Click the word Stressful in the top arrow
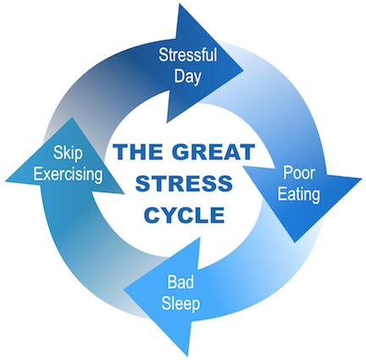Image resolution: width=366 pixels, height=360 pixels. pyautogui.click(x=187, y=54)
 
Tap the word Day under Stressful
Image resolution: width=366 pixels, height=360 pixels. pyautogui.click(x=187, y=77)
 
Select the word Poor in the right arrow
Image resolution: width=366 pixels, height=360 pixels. pyautogui.click(x=299, y=173)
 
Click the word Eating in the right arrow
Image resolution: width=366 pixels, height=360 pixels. pyautogui.click(x=298, y=195)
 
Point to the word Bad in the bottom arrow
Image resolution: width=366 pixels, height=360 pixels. pyautogui.click(x=180, y=281)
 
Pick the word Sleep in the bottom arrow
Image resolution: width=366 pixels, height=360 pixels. pyautogui.click(x=180, y=304)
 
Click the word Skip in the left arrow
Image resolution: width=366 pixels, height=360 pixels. pyautogui.click(x=68, y=153)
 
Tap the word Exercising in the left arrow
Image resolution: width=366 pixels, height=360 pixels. pyautogui.click(x=68, y=174)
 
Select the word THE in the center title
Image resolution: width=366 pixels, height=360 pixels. pyautogui.click(x=138, y=152)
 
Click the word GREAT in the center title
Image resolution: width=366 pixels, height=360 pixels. pyautogui.click(x=213, y=152)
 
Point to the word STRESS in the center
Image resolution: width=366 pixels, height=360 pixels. pyautogui.click(x=184, y=183)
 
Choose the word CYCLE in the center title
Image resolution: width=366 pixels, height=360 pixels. pyautogui.click(x=185, y=215)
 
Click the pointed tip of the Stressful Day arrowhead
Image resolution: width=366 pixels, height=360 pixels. pyautogui.click(x=243, y=69)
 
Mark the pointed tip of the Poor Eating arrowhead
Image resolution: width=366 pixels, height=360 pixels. pyautogui.click(x=295, y=242)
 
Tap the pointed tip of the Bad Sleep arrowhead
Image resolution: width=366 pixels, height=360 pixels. pyautogui.click(x=125, y=289)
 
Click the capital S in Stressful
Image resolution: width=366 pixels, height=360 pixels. pyautogui.click(x=164, y=55)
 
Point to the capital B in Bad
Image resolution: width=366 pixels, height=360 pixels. pyautogui.click(x=172, y=281)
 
